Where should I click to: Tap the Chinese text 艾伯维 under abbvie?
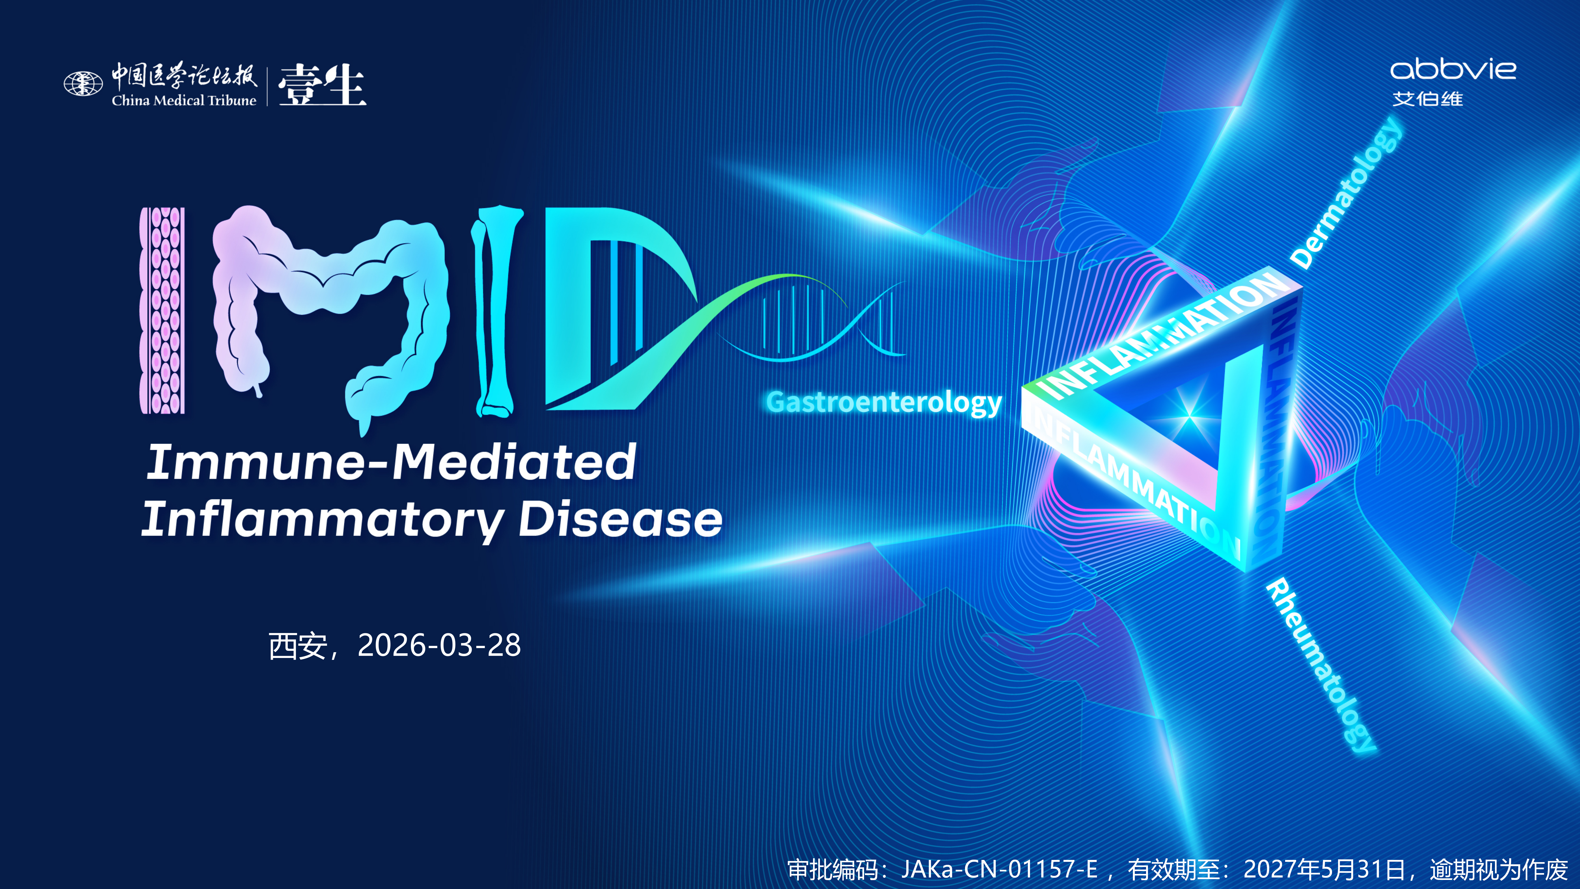tap(1427, 99)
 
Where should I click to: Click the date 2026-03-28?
tap(439, 645)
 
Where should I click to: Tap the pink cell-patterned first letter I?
tap(162, 310)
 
